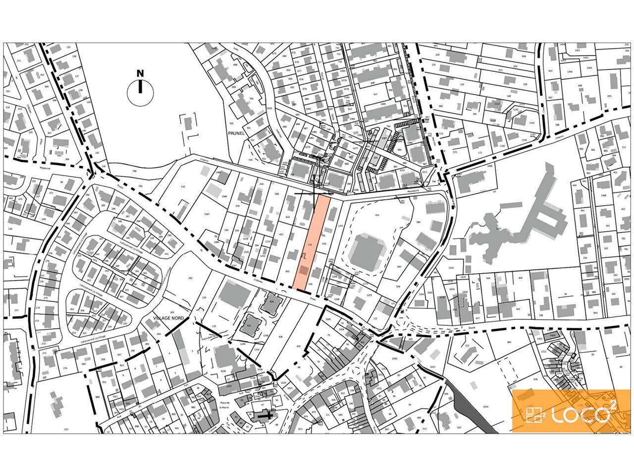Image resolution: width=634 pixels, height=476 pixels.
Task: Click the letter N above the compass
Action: click(140, 73)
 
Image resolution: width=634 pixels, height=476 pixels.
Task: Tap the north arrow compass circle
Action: click(140, 91)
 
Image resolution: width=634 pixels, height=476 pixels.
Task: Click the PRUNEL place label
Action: click(233, 133)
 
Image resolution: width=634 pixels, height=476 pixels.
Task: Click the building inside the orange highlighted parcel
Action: click(303, 270)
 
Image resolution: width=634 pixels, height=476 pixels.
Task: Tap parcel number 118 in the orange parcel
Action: click(310, 245)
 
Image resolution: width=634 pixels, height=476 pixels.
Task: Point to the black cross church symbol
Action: click(266, 416)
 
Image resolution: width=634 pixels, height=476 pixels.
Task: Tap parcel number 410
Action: click(377, 215)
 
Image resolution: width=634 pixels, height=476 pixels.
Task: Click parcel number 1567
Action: click(206, 214)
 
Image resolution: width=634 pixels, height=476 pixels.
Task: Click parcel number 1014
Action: click(485, 406)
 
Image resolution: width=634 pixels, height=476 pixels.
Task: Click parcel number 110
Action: click(183, 186)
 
